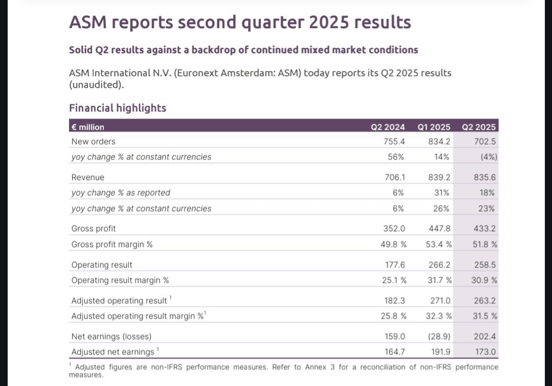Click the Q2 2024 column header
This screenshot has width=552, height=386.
pos(387,127)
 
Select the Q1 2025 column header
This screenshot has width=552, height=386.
pos(434,127)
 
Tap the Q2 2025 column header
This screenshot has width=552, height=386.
pos(479,127)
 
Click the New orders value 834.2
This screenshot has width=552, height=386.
pos(440,142)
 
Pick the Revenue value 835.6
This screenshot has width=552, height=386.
pos(485,177)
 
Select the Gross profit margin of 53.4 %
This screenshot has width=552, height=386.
pos(439,244)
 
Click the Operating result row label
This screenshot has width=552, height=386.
pos(102,265)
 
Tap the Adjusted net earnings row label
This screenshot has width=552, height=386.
pos(113,352)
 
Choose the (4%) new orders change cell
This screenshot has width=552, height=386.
pos(489,157)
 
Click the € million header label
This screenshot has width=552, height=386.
pos(88,127)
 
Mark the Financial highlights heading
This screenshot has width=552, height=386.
pos(118,108)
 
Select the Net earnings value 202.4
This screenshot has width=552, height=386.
pos(485,337)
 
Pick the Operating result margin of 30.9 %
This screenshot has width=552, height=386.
pos(485,280)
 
